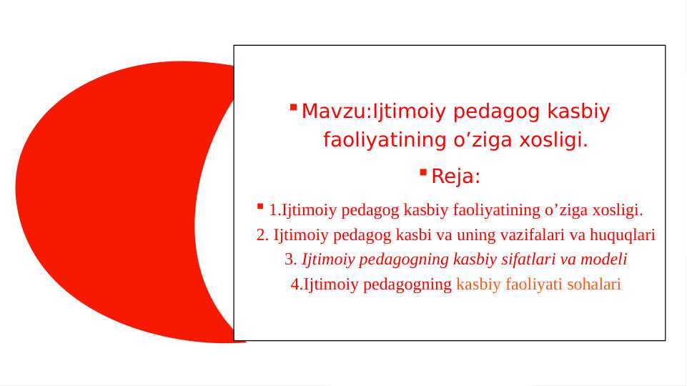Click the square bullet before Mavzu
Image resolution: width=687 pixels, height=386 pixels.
pos(294,107)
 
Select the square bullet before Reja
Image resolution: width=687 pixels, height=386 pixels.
pos(423,172)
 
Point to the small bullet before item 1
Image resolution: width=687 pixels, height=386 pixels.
pos(260,206)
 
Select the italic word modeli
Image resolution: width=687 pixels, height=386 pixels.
pos(604,259)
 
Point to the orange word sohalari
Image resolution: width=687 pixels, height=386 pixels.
pos(594,284)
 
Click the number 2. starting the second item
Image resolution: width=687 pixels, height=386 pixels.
pos(262,235)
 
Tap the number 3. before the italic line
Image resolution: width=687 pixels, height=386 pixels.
pos(291,259)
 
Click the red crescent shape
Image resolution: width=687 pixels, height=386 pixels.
pos(105,202)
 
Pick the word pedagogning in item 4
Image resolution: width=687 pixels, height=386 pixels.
pos(407,285)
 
